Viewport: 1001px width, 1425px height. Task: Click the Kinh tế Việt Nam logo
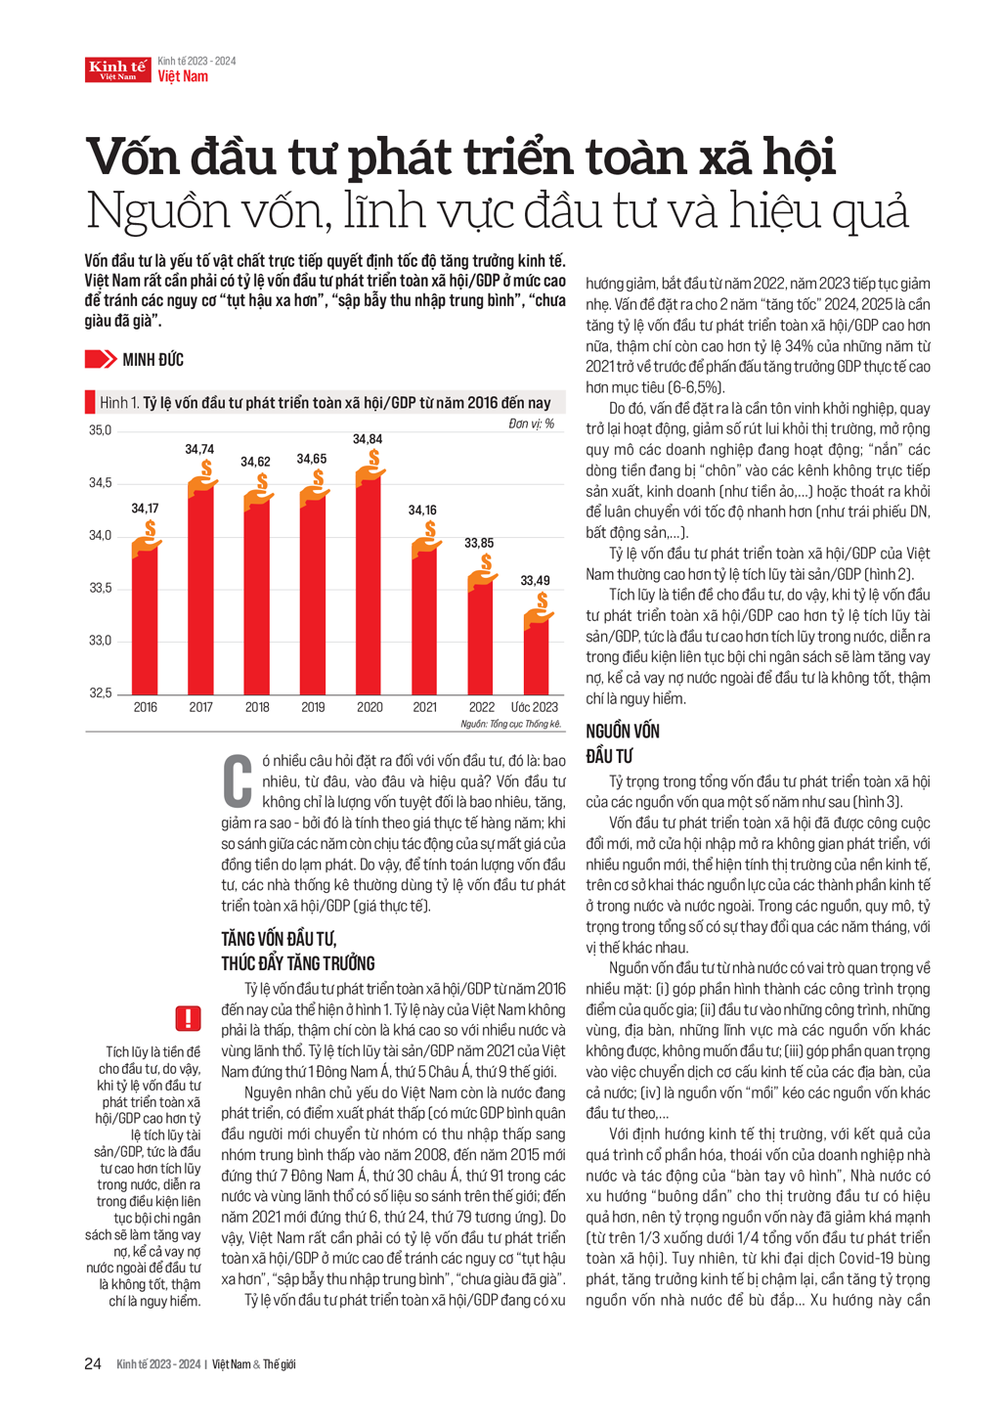117,68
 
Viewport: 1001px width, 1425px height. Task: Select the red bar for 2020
369,587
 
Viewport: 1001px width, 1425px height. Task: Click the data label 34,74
199,449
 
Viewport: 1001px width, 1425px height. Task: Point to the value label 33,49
535,580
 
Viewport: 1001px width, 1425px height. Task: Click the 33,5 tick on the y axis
101,588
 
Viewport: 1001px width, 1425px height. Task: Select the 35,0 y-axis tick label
101,430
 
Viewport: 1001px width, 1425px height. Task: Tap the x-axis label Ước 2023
535,707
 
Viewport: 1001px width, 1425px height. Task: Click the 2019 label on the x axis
313,707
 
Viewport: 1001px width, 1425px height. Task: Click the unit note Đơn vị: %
531,423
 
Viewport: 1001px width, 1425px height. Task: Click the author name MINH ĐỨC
152,360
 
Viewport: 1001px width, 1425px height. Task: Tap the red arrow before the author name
100,360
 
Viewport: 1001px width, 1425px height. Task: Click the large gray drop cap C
238,779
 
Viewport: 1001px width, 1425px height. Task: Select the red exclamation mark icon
188,1018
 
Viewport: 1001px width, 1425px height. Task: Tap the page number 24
93,1363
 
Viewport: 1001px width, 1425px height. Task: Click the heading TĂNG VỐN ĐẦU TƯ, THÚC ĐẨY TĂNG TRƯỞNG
298,951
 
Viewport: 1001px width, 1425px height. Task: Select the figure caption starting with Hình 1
326,403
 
